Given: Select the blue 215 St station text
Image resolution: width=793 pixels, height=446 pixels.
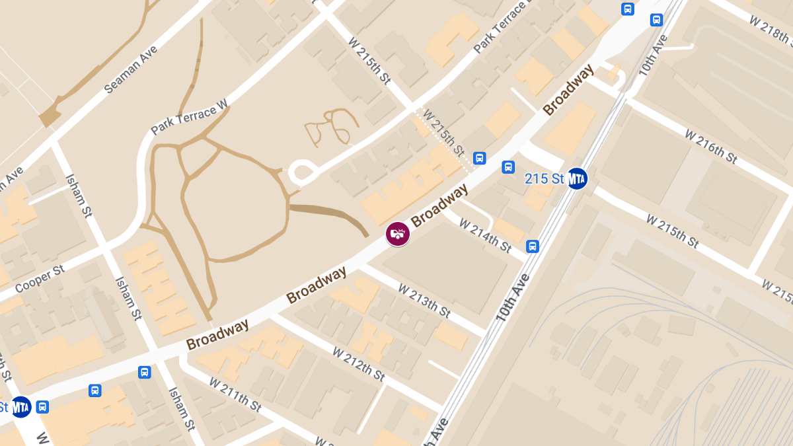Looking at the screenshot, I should [545, 178].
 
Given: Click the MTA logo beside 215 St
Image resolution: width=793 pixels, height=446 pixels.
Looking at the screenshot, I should [577, 178].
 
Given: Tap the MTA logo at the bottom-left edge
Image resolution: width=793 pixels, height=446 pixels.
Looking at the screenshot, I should [21, 406].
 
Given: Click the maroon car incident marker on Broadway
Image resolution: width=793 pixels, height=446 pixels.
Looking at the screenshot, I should [398, 233].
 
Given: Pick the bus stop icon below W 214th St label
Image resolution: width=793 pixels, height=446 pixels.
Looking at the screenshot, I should [533, 246].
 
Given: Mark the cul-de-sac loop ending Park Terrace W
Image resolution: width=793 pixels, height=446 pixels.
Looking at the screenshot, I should [302, 173].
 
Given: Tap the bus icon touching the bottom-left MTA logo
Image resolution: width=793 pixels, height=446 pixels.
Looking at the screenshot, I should [43, 406].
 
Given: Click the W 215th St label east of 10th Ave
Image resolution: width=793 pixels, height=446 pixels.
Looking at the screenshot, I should [672, 231].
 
